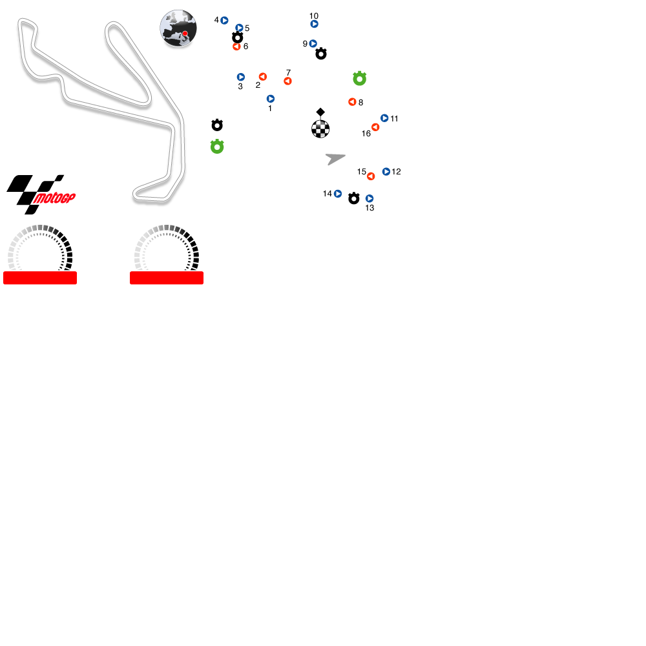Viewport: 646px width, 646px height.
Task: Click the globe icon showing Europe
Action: click(178, 28)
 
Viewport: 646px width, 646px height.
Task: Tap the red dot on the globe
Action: click(185, 34)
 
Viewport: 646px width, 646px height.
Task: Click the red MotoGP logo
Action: click(54, 198)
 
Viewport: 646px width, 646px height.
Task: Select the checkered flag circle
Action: click(320, 129)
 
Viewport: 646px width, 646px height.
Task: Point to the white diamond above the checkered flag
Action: click(320, 112)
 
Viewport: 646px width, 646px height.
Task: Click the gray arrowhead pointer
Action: click(335, 158)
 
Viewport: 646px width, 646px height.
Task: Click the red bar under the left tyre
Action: click(40, 278)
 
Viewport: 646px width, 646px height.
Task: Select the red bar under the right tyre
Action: click(167, 278)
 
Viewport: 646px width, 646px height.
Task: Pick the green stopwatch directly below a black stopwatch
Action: click(217, 147)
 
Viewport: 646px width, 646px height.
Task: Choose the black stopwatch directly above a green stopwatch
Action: click(217, 125)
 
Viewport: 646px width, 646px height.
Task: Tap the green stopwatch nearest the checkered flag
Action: click(360, 79)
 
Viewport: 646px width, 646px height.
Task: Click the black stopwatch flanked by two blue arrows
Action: click(354, 198)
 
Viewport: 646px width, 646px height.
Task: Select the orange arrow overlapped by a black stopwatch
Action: click(236, 47)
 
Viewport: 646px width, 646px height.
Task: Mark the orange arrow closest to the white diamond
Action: click(352, 102)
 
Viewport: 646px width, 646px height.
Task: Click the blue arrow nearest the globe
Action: click(224, 21)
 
